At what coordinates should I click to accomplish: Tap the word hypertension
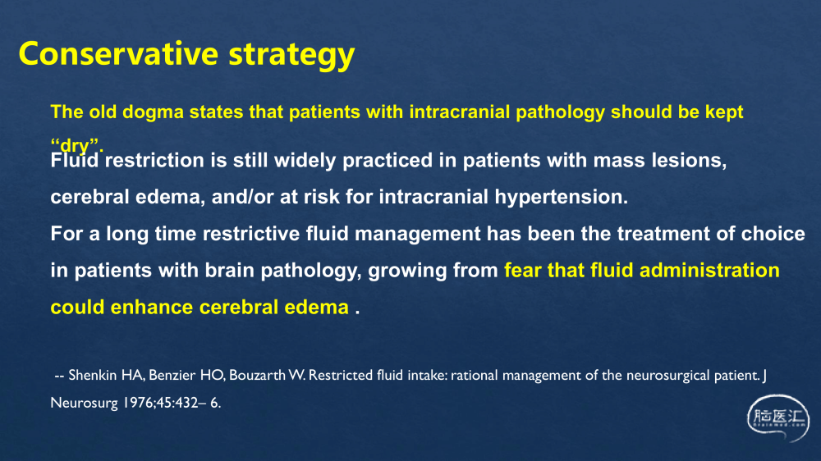(561, 198)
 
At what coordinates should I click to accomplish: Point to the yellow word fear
(522, 271)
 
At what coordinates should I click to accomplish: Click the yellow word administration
(709, 271)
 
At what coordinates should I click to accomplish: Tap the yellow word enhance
(151, 307)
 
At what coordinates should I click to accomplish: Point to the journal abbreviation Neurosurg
(84, 404)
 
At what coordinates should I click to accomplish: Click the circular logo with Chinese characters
(777, 418)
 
